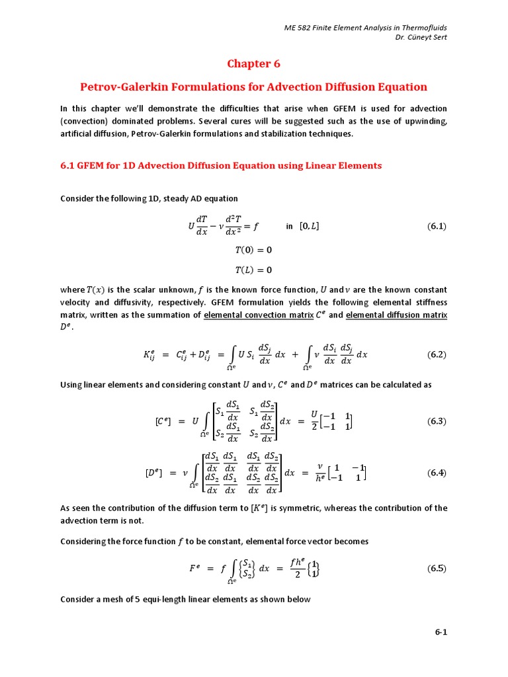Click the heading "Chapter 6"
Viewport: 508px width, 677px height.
click(x=253, y=63)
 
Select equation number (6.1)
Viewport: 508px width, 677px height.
click(x=437, y=226)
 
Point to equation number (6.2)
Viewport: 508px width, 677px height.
click(x=437, y=354)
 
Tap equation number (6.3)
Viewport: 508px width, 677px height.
click(x=437, y=421)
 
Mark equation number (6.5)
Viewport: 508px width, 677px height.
click(x=437, y=568)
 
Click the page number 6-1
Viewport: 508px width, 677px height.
click(x=441, y=632)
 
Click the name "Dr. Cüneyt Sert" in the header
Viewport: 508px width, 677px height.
click(x=420, y=36)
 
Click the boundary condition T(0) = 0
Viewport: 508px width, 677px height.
click(x=253, y=250)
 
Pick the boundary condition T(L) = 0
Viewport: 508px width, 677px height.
click(x=253, y=270)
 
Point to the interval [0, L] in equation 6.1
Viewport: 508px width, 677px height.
click(x=310, y=226)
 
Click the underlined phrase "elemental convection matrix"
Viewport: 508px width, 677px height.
click(x=259, y=315)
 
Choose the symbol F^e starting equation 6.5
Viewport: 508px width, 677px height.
click(x=194, y=568)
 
